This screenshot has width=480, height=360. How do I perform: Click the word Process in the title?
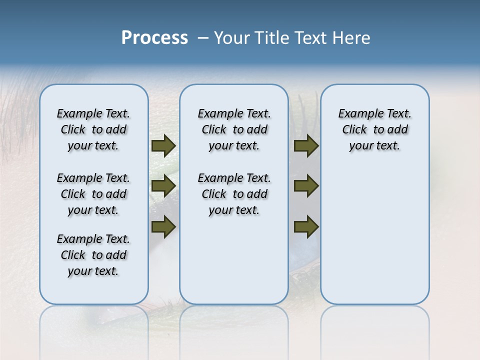[154, 38]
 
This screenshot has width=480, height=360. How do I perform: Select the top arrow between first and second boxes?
[163, 145]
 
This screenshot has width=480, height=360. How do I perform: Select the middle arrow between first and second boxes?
[163, 186]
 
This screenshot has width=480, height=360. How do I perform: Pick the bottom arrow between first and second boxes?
[163, 227]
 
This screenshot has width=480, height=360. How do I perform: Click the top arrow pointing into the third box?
[306, 145]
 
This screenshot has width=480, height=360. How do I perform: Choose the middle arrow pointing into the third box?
[306, 186]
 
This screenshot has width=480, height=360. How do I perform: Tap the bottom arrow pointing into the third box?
[306, 227]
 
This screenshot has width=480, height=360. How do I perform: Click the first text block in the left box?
[93, 129]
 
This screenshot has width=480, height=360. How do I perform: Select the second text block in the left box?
[93, 194]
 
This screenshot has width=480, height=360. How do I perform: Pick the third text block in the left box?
[93, 255]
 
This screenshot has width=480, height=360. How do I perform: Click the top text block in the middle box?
[234, 129]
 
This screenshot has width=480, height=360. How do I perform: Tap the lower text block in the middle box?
[234, 194]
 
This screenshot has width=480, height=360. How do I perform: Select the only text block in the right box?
[374, 129]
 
